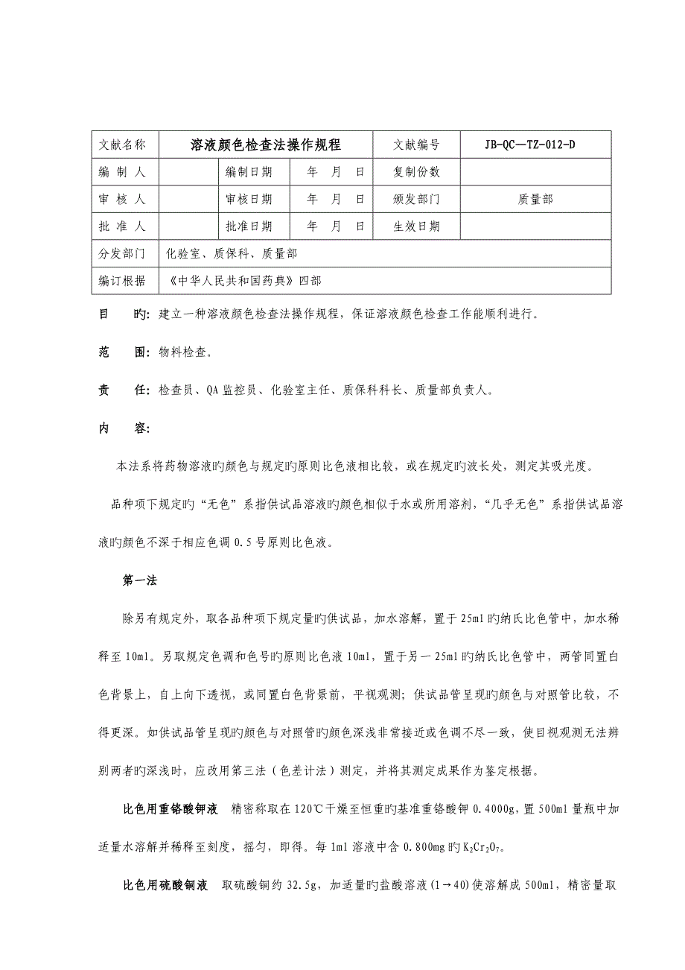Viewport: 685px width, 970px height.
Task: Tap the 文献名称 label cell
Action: pyautogui.click(x=122, y=145)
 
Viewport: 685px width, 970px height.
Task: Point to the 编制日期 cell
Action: pyautogui.click(x=249, y=172)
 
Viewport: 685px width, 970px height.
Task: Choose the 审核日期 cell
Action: pyautogui.click(x=249, y=199)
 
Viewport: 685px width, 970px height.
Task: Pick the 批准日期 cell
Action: pyautogui.click(x=249, y=226)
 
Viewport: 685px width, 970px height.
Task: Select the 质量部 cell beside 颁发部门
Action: pyautogui.click(x=535, y=199)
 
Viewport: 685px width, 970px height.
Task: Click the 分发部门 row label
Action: pyautogui.click(x=122, y=254)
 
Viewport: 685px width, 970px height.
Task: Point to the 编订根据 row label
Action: pyautogui.click(x=122, y=281)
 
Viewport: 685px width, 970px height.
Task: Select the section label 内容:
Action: pyautogui.click(x=114, y=428)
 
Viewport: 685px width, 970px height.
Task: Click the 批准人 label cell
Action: pyautogui.click(x=122, y=226)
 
